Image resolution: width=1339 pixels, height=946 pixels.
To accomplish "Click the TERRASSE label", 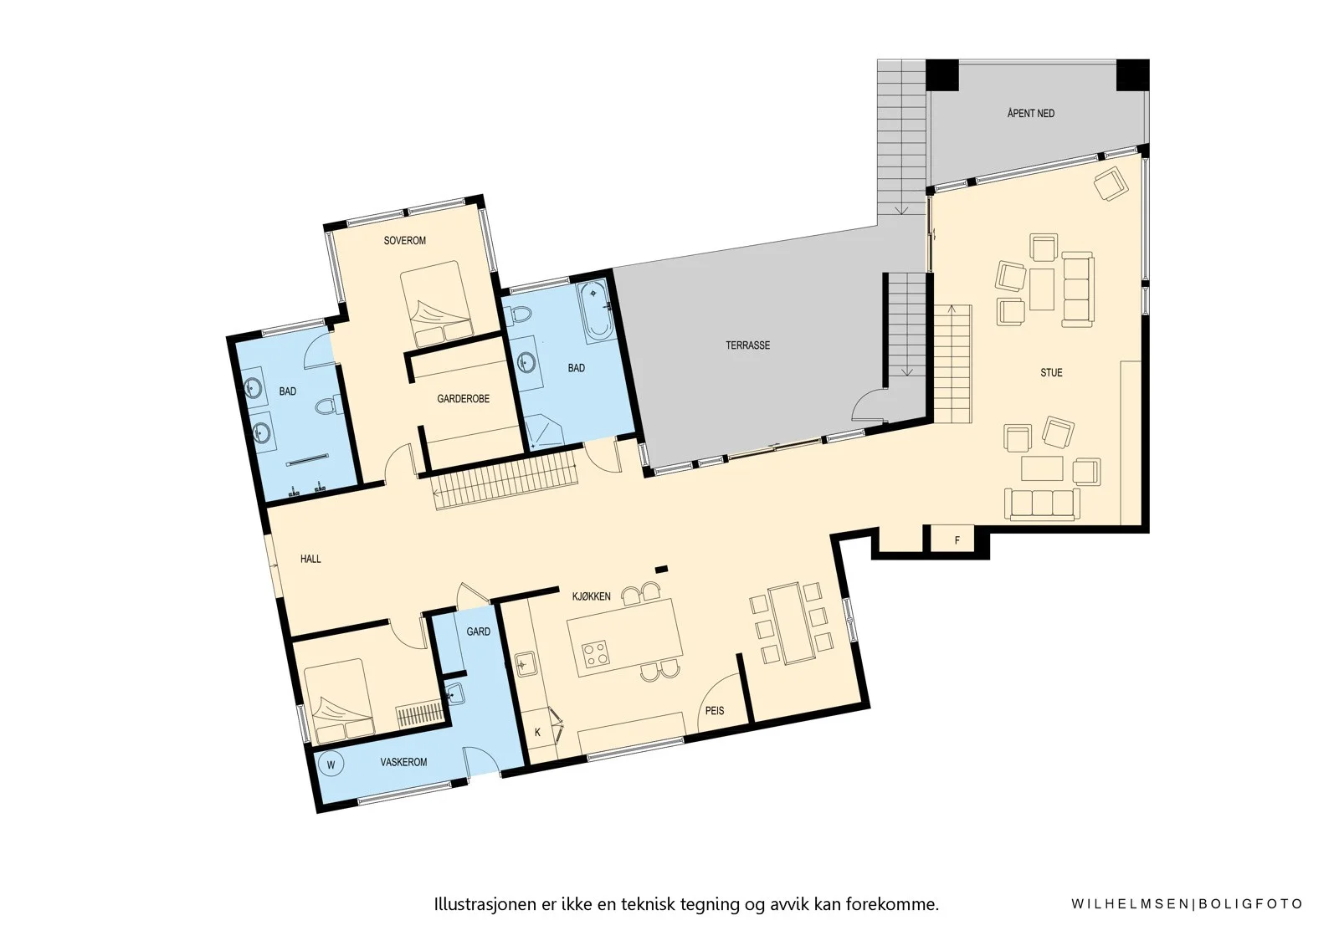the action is [x=748, y=345].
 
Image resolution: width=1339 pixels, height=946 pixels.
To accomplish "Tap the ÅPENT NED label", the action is [x=1031, y=113].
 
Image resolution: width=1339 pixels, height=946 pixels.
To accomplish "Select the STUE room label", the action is [x=1051, y=373].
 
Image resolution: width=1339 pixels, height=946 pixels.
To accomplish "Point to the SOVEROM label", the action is [x=405, y=241].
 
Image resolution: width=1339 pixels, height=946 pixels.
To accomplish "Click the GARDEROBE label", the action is [x=464, y=399].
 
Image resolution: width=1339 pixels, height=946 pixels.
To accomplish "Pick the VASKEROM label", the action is [x=403, y=762].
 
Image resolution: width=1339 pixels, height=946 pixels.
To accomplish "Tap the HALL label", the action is [x=310, y=559].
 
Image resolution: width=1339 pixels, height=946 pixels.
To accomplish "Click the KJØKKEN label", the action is [x=591, y=596].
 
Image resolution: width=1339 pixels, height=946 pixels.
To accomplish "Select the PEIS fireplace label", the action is [x=715, y=711].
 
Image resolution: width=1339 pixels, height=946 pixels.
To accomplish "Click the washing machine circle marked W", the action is [x=331, y=764].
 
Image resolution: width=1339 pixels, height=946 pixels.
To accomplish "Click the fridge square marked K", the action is [x=537, y=732].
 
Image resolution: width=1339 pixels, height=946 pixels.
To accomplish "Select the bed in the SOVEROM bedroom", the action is [x=437, y=304].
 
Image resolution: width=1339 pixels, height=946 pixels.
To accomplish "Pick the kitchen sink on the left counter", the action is [x=526, y=664].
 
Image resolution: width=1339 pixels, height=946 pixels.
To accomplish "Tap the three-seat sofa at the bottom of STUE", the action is [x=1041, y=504].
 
